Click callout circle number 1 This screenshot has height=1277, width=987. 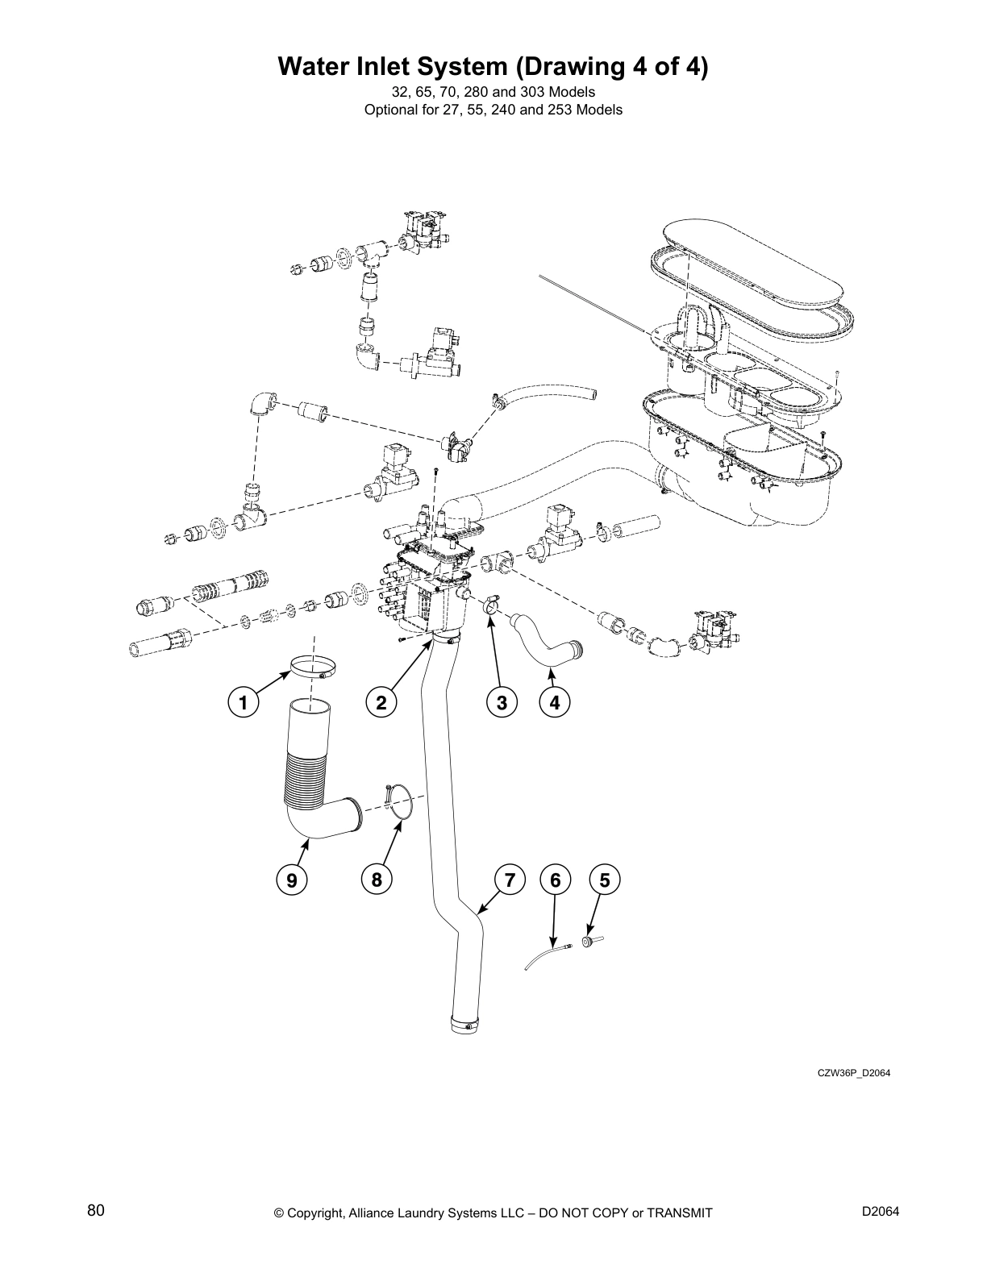click(x=242, y=702)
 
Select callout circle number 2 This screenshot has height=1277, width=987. click(x=381, y=702)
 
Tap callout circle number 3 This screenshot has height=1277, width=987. click(x=502, y=702)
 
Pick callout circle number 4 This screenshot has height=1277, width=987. click(x=555, y=702)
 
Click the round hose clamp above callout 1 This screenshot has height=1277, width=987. click(x=314, y=668)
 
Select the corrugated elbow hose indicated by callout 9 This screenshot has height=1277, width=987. click(x=310, y=774)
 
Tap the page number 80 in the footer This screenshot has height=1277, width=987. click(x=96, y=1211)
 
